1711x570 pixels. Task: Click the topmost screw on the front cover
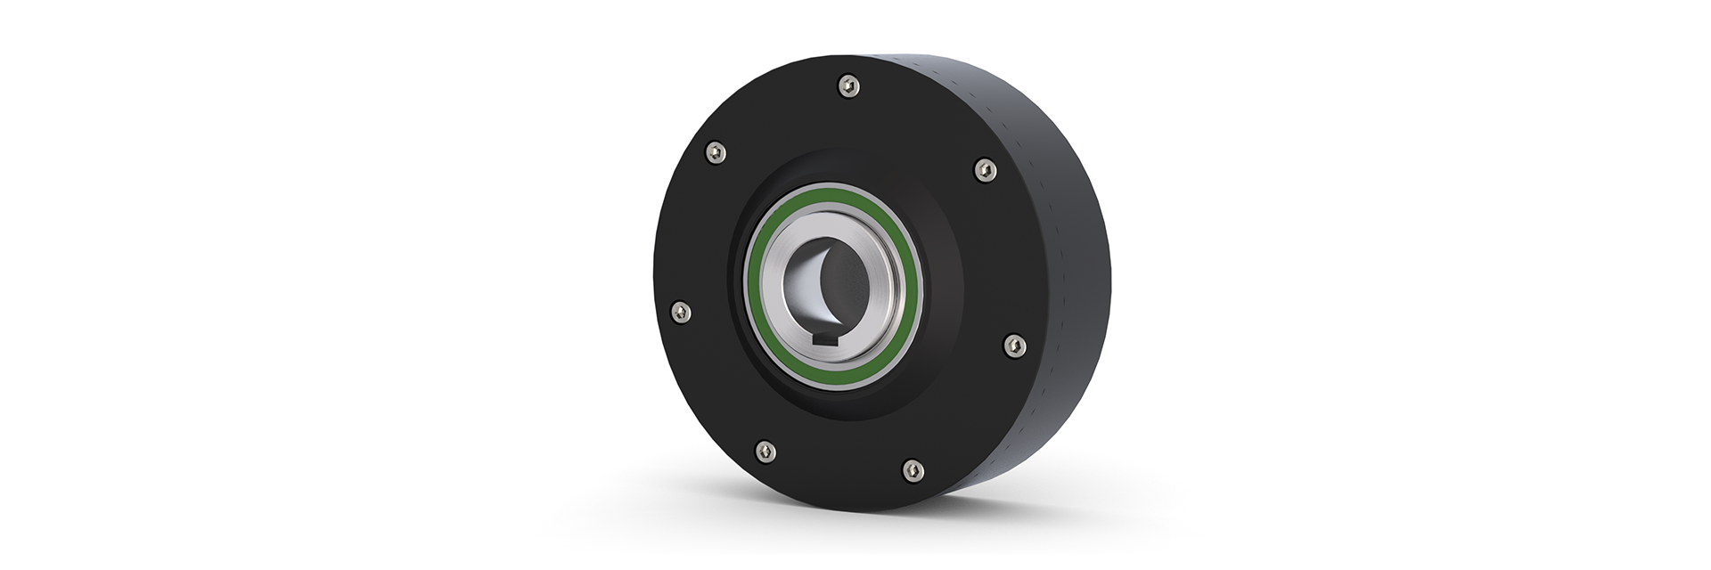click(849, 86)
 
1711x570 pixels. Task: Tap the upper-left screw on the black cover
click(715, 154)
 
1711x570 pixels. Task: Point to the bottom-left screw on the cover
click(764, 450)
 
